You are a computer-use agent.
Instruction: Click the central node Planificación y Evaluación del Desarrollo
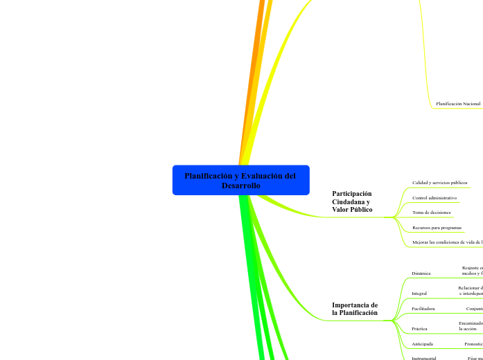pos(240,180)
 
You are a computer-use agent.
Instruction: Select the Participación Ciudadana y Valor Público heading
pos(352,201)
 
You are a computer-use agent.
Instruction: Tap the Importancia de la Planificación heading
pos(355,309)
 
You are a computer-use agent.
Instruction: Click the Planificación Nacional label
pos(458,104)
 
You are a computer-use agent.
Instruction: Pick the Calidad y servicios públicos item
pos(439,183)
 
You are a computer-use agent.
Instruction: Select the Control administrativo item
pos(434,198)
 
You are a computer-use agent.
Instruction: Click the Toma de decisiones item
pos(431,213)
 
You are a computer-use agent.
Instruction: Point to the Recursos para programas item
pos(437,227)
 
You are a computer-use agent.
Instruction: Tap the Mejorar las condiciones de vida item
pos(447,242)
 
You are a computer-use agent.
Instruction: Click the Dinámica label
pos(421,273)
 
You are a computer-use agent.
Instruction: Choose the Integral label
pos(419,293)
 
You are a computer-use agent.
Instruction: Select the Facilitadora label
pos(423,309)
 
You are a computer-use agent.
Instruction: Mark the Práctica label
pos(419,328)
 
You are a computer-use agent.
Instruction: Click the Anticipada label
pos(422,343)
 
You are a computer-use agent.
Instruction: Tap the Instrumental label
pos(423,358)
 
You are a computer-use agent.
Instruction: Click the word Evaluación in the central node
pos(254,176)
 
